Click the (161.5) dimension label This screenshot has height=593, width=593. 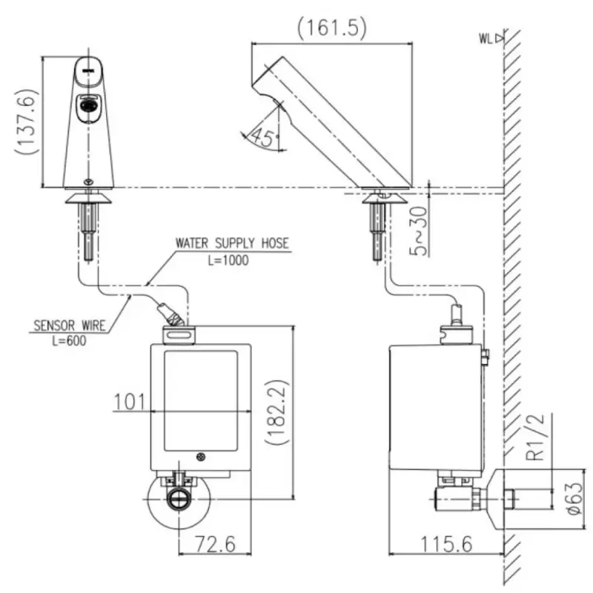[x=332, y=28]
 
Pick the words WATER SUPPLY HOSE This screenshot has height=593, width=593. [x=232, y=243]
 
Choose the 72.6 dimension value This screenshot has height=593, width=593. [x=215, y=544]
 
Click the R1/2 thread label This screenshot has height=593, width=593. [x=540, y=437]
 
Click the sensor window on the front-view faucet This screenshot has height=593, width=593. [x=89, y=107]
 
